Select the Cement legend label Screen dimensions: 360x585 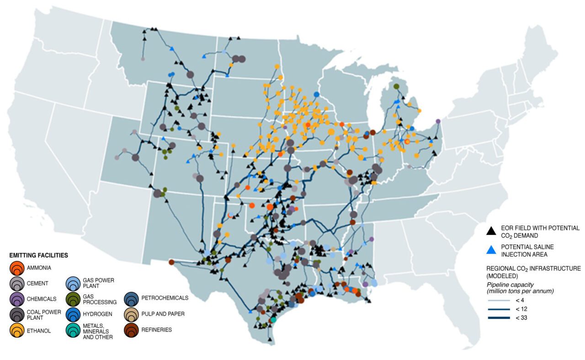click(37, 284)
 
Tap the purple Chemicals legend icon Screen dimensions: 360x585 click(16, 299)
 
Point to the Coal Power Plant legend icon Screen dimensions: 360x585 click(16, 314)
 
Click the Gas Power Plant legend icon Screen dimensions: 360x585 click(73, 284)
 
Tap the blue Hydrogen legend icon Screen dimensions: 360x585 click(73, 314)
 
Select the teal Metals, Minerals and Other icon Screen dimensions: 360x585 click(73, 330)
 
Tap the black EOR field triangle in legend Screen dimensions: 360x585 click(491, 231)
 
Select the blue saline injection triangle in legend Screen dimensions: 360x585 click(491, 249)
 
